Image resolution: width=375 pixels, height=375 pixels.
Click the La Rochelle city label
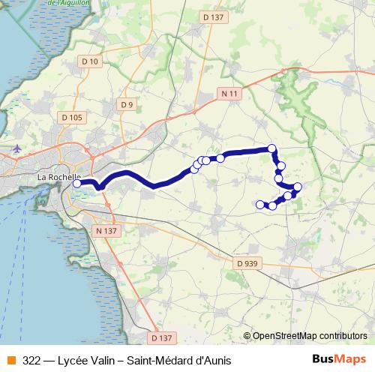(x=58, y=178)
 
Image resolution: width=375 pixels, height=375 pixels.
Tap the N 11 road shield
(x=230, y=94)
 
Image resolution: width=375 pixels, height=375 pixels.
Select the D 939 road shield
(x=247, y=263)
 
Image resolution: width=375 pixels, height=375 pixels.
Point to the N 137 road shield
(x=106, y=231)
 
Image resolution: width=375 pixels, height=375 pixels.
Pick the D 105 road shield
(x=73, y=118)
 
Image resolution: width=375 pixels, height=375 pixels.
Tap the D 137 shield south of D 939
(x=160, y=337)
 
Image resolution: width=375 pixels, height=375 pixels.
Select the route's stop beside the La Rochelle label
(x=76, y=183)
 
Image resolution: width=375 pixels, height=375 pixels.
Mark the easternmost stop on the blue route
(x=298, y=187)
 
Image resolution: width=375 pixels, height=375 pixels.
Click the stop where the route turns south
(x=272, y=149)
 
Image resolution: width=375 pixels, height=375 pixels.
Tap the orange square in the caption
(x=10, y=359)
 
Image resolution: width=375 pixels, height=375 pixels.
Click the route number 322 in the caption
(x=32, y=359)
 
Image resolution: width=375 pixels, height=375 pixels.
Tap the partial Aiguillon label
(x=64, y=3)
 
